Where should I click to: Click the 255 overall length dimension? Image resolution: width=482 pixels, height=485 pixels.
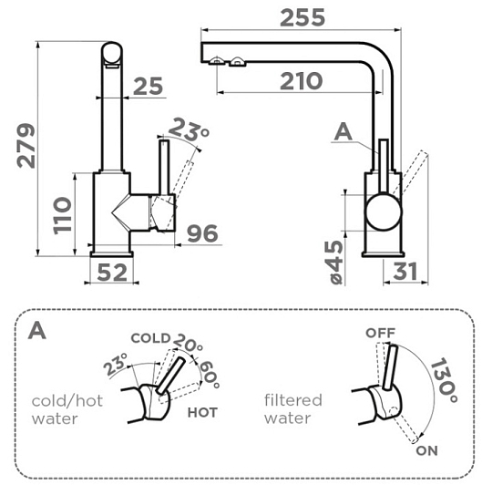point(303,17)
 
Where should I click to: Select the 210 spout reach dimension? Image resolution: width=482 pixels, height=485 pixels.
point(301,81)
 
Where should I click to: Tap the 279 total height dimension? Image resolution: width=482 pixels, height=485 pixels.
point(26,146)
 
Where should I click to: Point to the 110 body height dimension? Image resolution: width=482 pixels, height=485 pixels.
point(62,215)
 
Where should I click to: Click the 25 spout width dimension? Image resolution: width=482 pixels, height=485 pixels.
point(148,86)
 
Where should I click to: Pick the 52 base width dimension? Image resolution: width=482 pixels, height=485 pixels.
point(112,273)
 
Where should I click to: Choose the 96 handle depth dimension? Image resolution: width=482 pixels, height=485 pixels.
point(203,233)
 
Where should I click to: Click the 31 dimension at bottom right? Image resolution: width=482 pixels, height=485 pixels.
point(405,271)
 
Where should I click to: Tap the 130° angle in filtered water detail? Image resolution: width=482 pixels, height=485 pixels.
point(444,380)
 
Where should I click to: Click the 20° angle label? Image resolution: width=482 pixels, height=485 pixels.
point(188,343)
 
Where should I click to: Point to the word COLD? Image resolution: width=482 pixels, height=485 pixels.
point(150,338)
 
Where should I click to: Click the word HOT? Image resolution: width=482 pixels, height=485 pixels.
point(202,412)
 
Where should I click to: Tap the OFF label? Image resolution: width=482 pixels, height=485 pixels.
point(380,333)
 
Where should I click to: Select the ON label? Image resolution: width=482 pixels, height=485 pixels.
point(426,450)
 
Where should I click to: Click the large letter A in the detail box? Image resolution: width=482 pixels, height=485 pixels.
point(36,330)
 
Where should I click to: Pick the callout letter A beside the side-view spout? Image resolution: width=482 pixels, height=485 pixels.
point(344,131)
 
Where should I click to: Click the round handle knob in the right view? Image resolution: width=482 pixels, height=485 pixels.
point(384,212)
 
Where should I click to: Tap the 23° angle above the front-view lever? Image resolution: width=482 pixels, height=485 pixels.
point(189,129)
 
